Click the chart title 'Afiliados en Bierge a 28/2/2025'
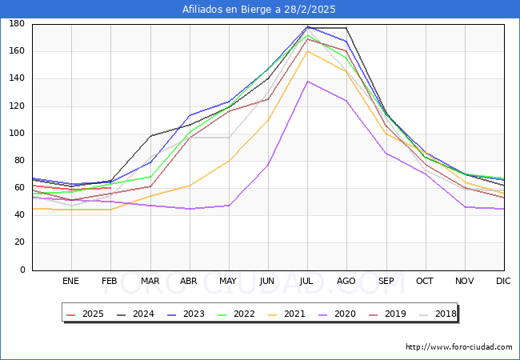pos(259,10)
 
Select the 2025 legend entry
pos(86,314)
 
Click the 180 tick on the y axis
pos(15,24)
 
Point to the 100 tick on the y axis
pos(15,134)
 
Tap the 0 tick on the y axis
pos(22,270)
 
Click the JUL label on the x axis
pos(307,282)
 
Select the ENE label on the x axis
pos(71,282)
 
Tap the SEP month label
pos(386,282)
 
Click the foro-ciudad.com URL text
pos(458,347)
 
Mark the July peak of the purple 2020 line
pos(307,82)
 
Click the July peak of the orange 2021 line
pos(307,51)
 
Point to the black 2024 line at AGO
pos(346,28)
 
